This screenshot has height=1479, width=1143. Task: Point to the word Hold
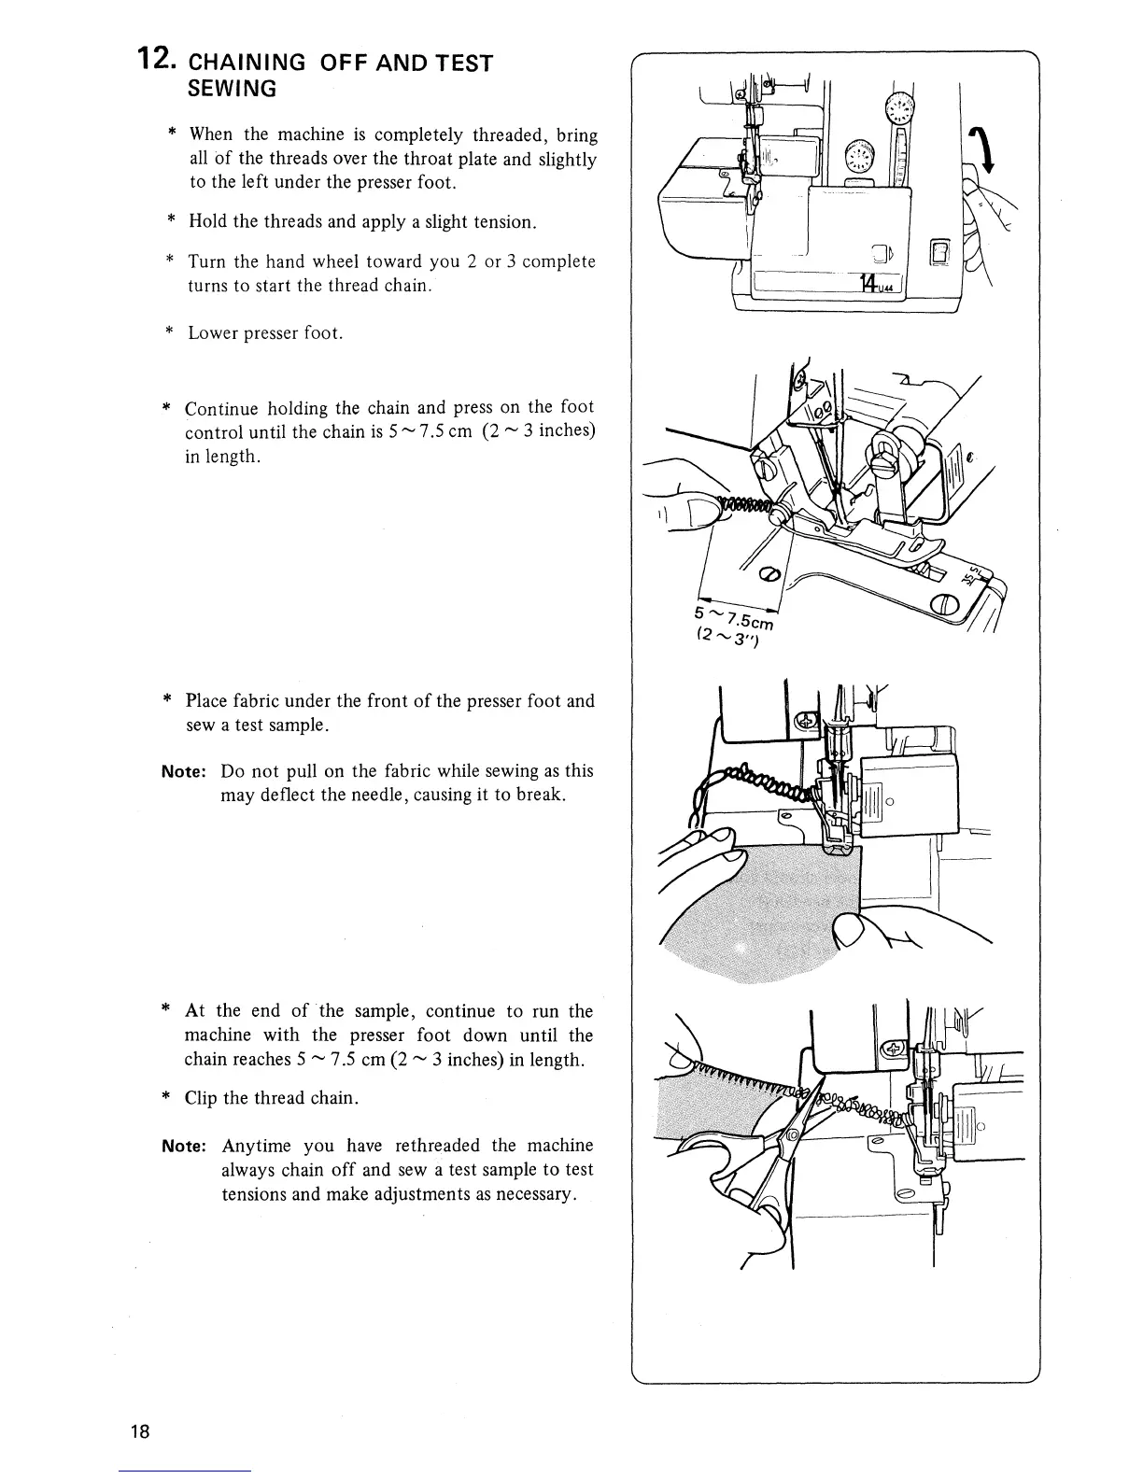(x=208, y=221)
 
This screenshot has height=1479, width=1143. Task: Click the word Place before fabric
(x=207, y=701)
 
